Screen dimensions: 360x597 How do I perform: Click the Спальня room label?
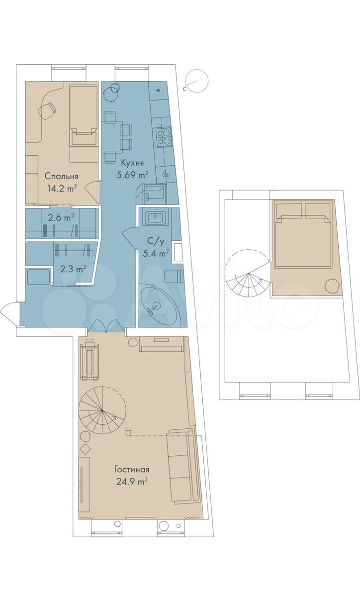tap(61, 176)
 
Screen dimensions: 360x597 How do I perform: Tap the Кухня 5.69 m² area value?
tap(132, 175)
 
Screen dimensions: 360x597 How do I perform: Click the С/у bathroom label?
tap(156, 242)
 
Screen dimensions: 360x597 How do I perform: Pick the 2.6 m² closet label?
tap(61, 217)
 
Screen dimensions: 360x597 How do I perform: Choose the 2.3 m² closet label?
tap(73, 269)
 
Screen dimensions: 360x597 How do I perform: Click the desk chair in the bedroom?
tap(47, 110)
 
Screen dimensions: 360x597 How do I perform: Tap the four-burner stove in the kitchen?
tap(164, 137)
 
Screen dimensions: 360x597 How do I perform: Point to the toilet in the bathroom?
tap(174, 277)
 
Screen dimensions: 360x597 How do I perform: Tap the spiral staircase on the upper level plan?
tap(248, 274)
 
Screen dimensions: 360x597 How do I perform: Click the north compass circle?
tap(197, 80)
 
